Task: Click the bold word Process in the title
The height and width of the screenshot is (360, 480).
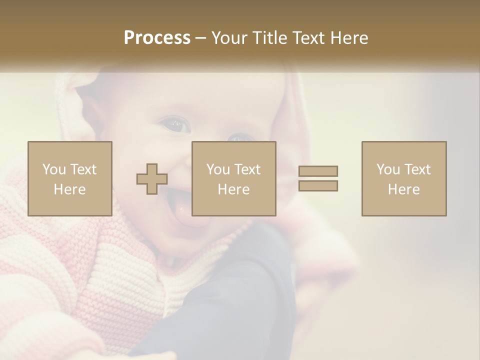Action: pyautogui.click(x=157, y=38)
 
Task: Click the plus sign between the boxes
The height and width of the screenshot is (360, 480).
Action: pyautogui.click(x=152, y=179)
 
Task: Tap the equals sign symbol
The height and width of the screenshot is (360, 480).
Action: pyautogui.click(x=318, y=178)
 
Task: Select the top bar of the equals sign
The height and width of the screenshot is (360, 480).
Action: pyautogui.click(x=318, y=171)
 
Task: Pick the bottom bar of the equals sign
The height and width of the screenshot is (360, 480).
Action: pyautogui.click(x=318, y=186)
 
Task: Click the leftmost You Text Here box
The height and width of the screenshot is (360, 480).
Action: pyautogui.click(x=69, y=178)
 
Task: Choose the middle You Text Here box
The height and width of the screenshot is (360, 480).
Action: pyautogui.click(x=233, y=178)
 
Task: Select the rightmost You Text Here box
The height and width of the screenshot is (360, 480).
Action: pyautogui.click(x=403, y=178)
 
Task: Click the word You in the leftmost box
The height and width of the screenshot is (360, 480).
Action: pyautogui.click(x=53, y=169)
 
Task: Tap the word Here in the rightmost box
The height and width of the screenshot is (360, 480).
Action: pyautogui.click(x=403, y=189)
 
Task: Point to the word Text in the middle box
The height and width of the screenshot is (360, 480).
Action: pyautogui.click(x=247, y=169)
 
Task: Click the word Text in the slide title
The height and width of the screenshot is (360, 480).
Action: pyautogui.click(x=306, y=38)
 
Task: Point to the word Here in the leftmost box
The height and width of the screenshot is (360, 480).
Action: pyautogui.click(x=69, y=189)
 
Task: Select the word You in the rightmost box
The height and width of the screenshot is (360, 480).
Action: pyautogui.click(x=388, y=169)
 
